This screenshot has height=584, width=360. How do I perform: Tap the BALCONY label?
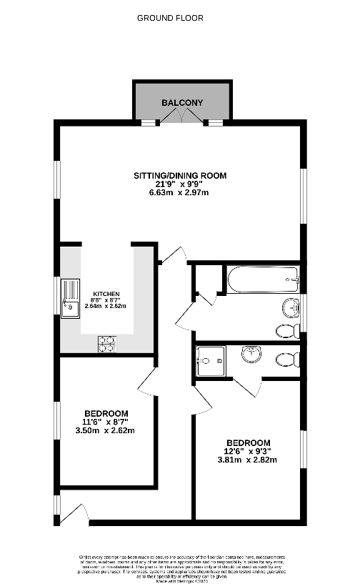(181, 103)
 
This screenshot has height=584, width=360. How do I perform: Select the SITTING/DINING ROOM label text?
(180, 175)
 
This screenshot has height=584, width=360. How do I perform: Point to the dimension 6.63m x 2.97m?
(180, 193)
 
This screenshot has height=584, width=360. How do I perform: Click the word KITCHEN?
(104, 294)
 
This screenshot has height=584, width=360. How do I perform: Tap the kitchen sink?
(71, 297)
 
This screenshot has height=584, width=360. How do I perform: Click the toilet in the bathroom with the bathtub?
(288, 331)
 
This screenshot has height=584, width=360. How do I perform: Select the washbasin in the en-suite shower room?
(251, 354)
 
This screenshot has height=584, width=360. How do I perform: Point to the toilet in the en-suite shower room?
(290, 358)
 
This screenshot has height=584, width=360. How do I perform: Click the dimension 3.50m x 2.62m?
(106, 430)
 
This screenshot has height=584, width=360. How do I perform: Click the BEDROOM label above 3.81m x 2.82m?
(248, 442)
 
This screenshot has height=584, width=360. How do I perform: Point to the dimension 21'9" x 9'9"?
(180, 184)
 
